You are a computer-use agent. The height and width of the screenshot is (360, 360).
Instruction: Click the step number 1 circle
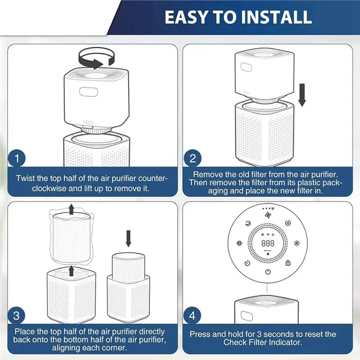pos(17,158)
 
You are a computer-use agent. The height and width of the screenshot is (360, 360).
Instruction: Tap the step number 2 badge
pos(193,158)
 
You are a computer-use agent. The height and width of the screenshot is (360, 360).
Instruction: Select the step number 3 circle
pos(16,316)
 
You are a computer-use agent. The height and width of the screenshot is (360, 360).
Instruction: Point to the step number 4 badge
pos(192,316)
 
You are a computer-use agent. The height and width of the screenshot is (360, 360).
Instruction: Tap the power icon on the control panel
pos(268,272)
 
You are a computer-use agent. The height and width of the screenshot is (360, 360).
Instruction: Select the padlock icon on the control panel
pos(288,263)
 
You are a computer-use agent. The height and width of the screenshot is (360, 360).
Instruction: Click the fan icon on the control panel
pos(268,215)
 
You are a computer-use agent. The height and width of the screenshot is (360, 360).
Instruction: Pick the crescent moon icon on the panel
pos(248,223)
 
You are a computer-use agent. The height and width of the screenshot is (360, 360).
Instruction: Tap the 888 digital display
pos(268,243)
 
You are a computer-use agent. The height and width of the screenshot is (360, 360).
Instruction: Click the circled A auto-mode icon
pos(288,223)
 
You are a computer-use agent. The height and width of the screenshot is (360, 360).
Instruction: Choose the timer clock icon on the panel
pos(247,263)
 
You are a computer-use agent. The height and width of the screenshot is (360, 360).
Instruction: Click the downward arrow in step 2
pos(302,95)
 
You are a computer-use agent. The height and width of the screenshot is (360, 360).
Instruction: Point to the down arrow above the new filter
pos(128,238)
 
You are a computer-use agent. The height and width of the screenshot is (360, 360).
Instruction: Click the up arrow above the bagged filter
pos(72,209)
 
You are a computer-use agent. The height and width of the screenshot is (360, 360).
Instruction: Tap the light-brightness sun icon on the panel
pos(297,243)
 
